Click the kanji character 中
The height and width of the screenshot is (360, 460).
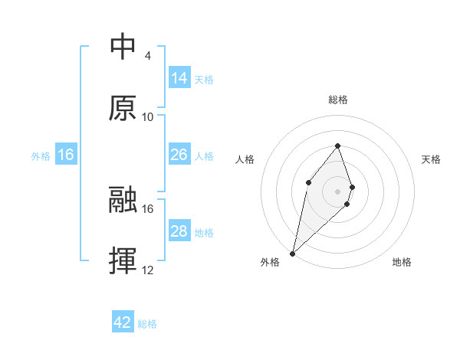pyautogui.click(x=123, y=47)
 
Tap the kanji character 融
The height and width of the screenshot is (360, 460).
pyautogui.click(x=123, y=200)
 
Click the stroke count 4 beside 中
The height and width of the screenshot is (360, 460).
pyautogui.click(x=147, y=55)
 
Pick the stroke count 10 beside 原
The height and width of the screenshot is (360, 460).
pyautogui.click(x=148, y=116)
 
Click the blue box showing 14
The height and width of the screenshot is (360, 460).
pyautogui.click(x=179, y=77)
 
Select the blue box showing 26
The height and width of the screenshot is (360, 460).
pyautogui.click(x=179, y=155)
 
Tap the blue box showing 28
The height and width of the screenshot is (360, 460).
pyautogui.click(x=179, y=231)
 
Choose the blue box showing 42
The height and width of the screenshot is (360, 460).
pyautogui.click(x=123, y=322)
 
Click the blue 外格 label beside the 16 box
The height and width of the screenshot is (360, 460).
pyautogui.click(x=41, y=155)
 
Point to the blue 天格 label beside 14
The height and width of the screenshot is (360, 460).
pyautogui.click(x=204, y=79)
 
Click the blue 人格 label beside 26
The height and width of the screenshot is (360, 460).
pyautogui.click(x=204, y=155)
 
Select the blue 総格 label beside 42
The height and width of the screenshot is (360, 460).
pyautogui.click(x=147, y=324)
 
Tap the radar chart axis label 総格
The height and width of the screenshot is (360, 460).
pyautogui.click(x=338, y=100)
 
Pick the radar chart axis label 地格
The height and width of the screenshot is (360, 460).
pyautogui.click(x=402, y=262)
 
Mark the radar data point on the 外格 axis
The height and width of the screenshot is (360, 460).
pyautogui.click(x=292, y=253)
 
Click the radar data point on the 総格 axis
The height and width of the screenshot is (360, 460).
pyautogui.click(x=338, y=146)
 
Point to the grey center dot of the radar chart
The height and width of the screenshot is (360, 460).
pyautogui.click(x=338, y=191)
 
